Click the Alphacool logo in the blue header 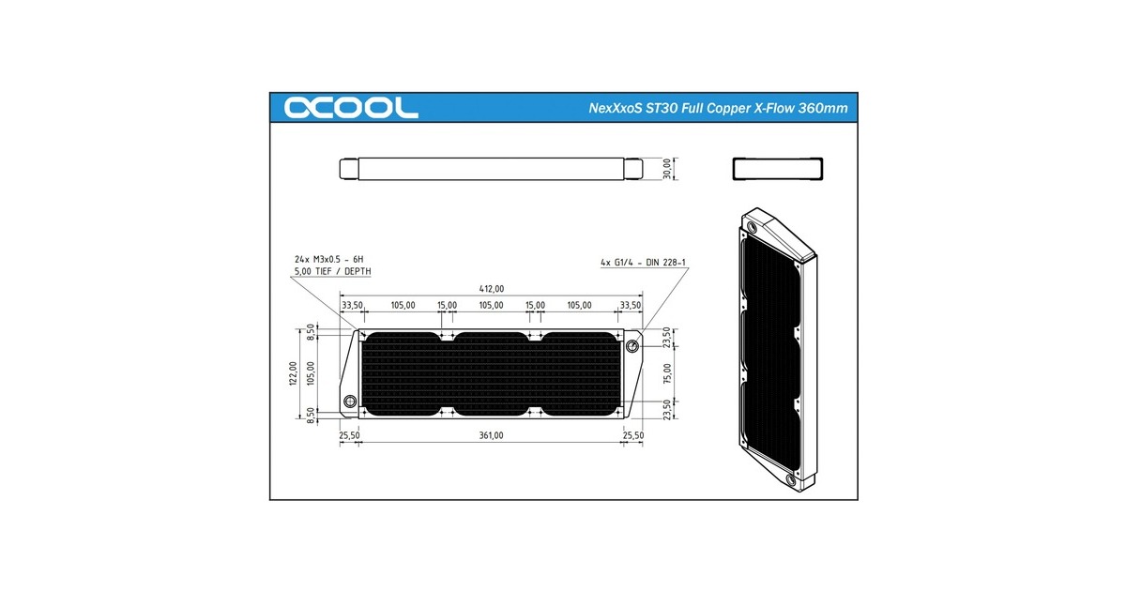pyautogui.click(x=352, y=107)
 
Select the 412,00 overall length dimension pyautogui.click(x=491, y=289)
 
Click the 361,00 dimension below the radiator pyautogui.click(x=491, y=435)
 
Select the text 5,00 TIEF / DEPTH pyautogui.click(x=332, y=272)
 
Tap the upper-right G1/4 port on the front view pyautogui.click(x=632, y=346)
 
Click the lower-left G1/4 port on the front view pyautogui.click(x=349, y=399)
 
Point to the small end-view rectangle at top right pyautogui.click(x=777, y=168)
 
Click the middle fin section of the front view pyautogui.click(x=491, y=372)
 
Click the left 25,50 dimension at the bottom pyautogui.click(x=349, y=435)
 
